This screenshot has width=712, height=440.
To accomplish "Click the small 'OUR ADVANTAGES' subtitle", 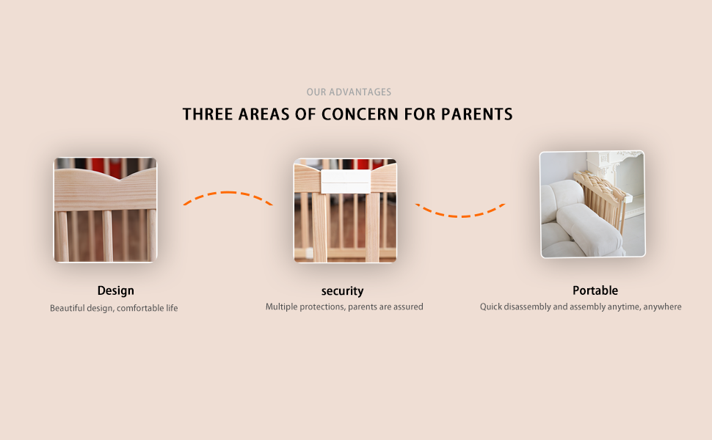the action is (x=349, y=92).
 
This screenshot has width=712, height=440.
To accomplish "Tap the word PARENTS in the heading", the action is (x=477, y=114).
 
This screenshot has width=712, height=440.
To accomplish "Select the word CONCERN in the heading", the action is (x=360, y=114).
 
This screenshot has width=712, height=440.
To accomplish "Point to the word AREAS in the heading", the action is (x=264, y=114).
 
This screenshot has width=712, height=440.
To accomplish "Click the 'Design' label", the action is (x=116, y=290).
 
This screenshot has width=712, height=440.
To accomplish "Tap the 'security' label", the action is (x=342, y=291).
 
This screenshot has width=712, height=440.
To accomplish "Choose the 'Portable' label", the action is (x=595, y=290).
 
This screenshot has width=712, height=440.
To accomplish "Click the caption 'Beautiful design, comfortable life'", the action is (x=114, y=308).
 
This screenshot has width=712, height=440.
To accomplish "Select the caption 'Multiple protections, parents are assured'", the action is (x=344, y=307).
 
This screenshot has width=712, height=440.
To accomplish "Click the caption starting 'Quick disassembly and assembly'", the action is (x=581, y=307).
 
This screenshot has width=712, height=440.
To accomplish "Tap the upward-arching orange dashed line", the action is (x=228, y=192).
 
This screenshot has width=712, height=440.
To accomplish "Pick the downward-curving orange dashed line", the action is (x=460, y=216).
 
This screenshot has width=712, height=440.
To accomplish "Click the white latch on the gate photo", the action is (x=346, y=181).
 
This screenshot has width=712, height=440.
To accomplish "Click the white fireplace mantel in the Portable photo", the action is (x=615, y=172).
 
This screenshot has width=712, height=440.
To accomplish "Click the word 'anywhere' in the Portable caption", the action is (x=662, y=307).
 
